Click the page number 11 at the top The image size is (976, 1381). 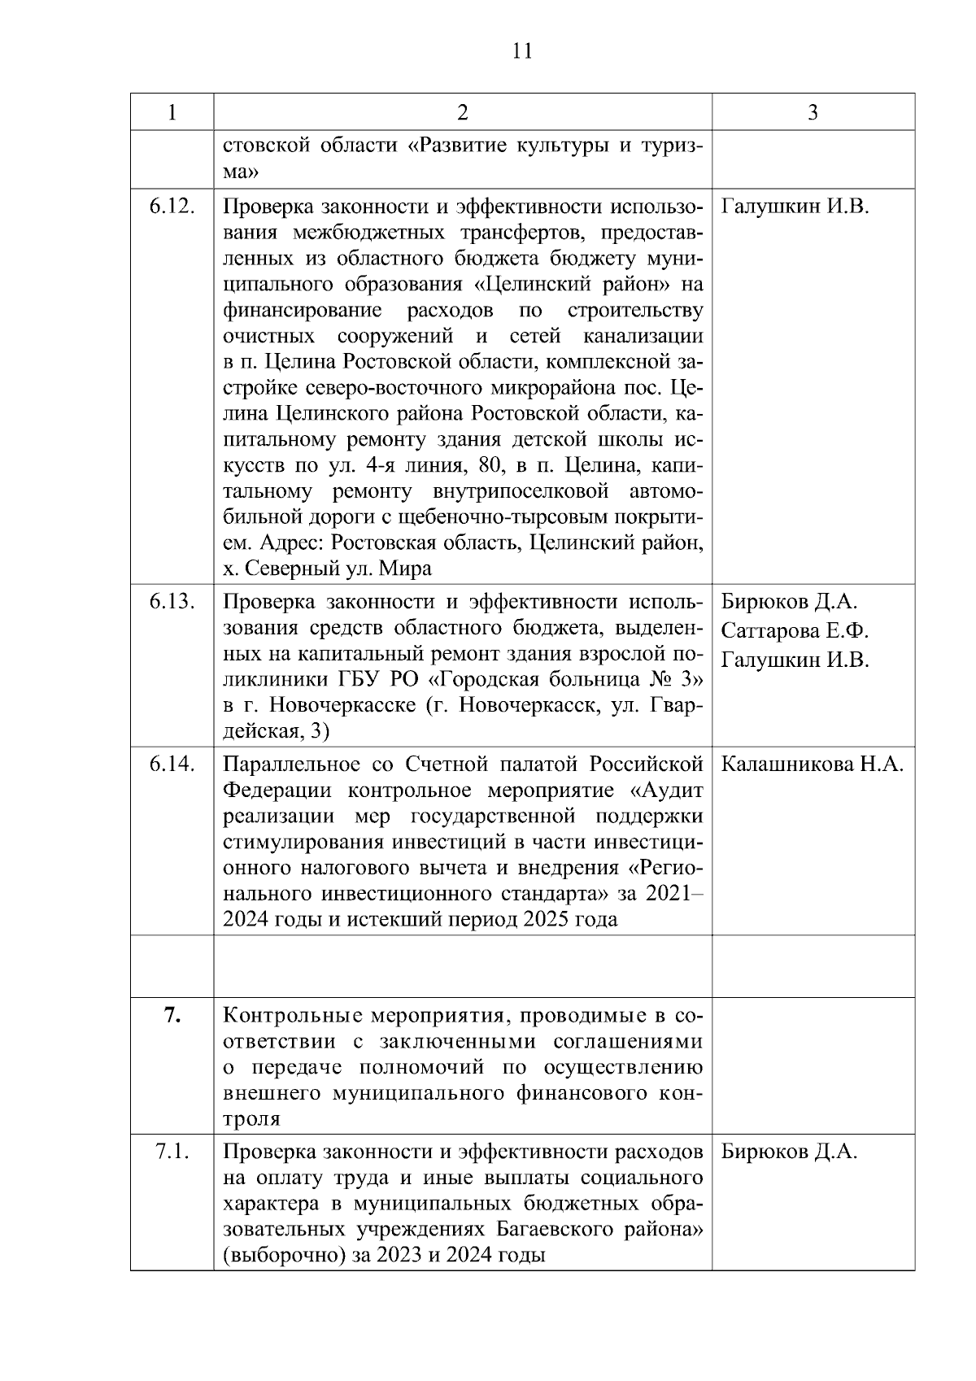(x=523, y=51)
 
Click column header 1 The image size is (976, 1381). (x=172, y=112)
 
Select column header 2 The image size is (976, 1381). (x=462, y=112)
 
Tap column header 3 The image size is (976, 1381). (x=813, y=112)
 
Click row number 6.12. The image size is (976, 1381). (x=172, y=207)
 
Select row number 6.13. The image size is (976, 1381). (x=172, y=602)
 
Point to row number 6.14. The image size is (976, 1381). (x=172, y=765)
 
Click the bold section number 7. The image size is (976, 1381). (x=172, y=1015)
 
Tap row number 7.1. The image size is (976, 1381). (x=172, y=1152)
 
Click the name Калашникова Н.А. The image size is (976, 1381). (x=813, y=765)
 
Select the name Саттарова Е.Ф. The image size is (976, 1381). (x=795, y=631)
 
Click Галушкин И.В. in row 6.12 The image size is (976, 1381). (x=795, y=207)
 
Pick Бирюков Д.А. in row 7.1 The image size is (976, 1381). (x=789, y=1152)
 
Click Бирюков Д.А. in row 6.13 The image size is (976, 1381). (x=789, y=602)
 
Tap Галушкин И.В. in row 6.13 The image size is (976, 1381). (x=795, y=660)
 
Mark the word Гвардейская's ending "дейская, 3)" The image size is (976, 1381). (x=276, y=731)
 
